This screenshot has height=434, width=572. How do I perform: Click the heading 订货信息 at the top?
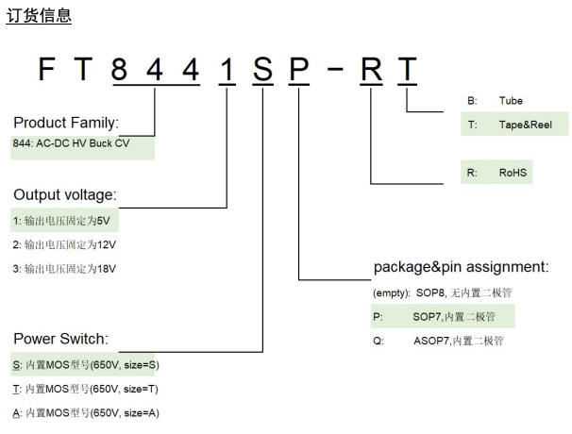(x=39, y=16)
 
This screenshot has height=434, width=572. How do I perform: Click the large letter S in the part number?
(x=262, y=69)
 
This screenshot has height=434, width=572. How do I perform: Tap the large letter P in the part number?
(x=299, y=69)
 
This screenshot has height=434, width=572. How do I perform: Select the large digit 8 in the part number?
(x=119, y=69)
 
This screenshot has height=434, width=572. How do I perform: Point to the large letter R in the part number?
(x=371, y=69)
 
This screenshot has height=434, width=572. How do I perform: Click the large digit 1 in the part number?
(x=227, y=69)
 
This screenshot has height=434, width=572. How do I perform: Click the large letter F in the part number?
(x=46, y=69)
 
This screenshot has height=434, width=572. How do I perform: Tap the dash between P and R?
(x=335, y=68)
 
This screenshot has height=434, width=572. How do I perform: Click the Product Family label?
(x=66, y=123)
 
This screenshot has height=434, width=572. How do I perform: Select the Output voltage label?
(x=65, y=194)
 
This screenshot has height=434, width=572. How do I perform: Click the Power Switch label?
(x=61, y=339)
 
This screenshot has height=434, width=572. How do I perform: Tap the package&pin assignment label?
(x=462, y=267)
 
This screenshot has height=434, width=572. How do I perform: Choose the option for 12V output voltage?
(x=64, y=244)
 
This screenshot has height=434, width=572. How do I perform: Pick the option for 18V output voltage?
(x=64, y=269)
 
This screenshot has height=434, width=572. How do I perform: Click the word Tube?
(x=511, y=101)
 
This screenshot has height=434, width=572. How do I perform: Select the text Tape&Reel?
(x=526, y=125)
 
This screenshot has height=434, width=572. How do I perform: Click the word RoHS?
(x=513, y=173)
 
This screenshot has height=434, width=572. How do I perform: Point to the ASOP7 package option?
(x=439, y=341)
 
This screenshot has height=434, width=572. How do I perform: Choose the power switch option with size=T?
(x=86, y=389)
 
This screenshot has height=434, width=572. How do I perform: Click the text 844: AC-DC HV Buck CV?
(x=71, y=143)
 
